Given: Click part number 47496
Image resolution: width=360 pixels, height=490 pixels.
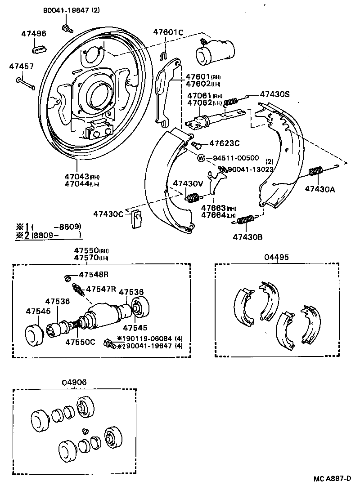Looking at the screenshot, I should point(34,33).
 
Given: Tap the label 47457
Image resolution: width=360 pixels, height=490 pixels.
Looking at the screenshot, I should point(21,66).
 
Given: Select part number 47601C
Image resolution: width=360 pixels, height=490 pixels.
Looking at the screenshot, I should point(168,32).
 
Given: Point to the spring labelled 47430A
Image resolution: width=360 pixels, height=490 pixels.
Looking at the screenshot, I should point(317,171).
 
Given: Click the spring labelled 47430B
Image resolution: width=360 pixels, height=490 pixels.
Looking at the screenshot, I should point(246,220).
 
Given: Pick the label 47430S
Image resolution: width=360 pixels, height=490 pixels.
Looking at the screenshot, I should point(274,94).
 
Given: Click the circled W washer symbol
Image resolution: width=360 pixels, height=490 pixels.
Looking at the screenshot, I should point(201,158).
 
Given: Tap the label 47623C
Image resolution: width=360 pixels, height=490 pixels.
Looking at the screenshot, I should point(224,143).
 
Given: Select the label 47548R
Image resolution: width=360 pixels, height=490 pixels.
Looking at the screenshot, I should point(94,274).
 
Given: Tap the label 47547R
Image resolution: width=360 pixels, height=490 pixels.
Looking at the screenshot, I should point(101,289).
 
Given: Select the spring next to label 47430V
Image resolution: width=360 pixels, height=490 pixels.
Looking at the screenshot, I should point(193,197).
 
